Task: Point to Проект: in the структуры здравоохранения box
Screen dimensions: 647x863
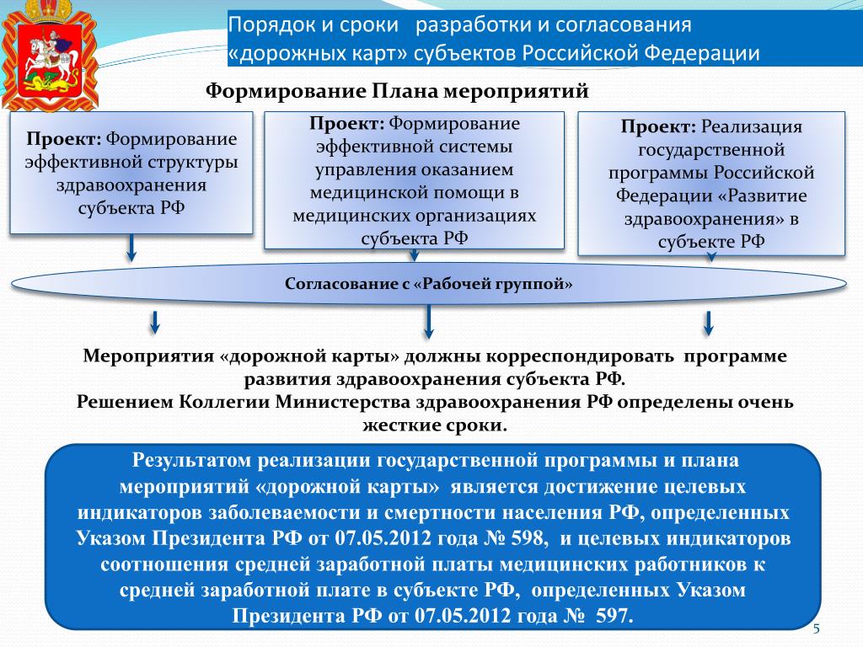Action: [63, 138]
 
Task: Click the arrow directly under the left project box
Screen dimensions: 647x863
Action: [131, 248]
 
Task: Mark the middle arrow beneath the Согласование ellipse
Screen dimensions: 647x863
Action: [429, 321]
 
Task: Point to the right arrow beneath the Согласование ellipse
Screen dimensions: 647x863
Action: [709, 322]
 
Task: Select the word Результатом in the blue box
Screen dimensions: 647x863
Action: [190, 461]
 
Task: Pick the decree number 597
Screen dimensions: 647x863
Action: [613, 614]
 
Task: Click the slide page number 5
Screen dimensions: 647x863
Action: [817, 630]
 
